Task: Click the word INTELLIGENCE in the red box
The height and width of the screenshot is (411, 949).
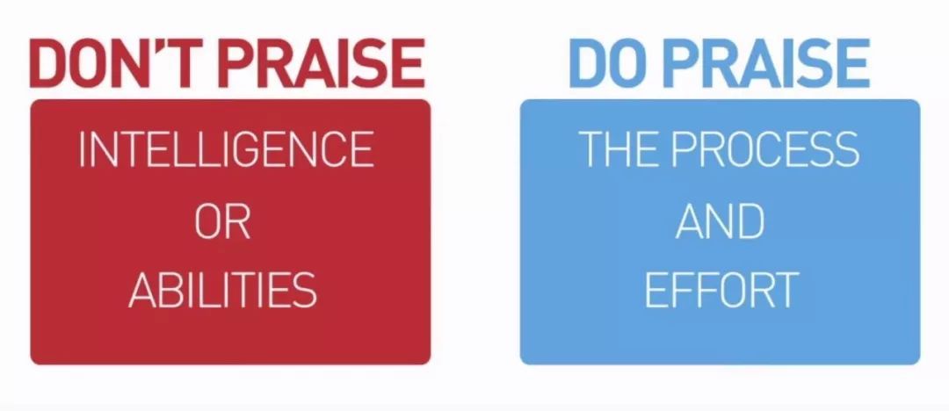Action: (x=227, y=149)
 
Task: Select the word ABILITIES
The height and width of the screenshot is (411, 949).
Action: (x=222, y=290)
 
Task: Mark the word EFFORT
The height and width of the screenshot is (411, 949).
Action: (x=721, y=290)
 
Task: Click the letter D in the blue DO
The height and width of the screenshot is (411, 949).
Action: (x=589, y=63)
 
